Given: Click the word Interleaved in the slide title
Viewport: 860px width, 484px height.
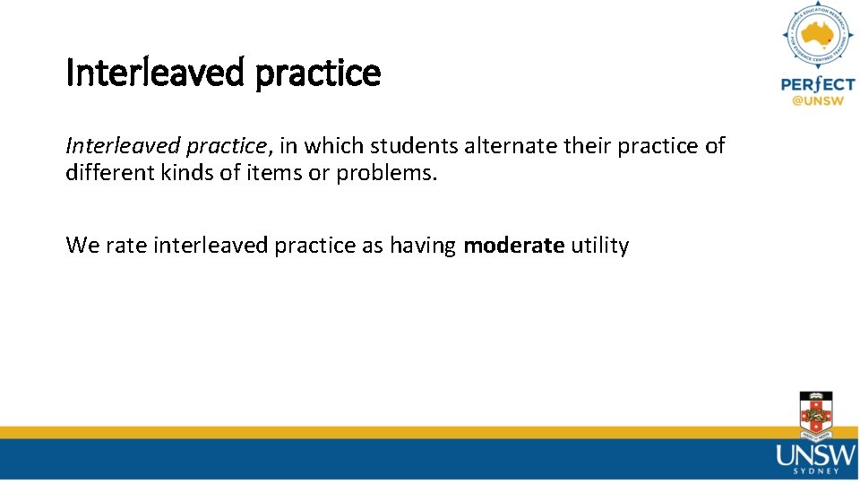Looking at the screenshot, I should click(x=156, y=73).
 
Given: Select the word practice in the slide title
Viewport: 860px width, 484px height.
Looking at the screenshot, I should click(x=318, y=73).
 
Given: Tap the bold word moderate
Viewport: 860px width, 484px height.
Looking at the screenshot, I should click(x=513, y=245).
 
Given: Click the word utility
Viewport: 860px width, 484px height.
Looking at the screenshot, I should click(x=600, y=245).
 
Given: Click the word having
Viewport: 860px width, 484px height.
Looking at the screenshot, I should click(x=423, y=245).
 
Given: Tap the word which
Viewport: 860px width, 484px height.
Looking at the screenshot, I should click(x=334, y=145).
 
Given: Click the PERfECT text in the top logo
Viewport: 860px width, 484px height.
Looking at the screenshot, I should click(x=817, y=84).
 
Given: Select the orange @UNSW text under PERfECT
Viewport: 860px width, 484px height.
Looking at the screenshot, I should click(x=817, y=101).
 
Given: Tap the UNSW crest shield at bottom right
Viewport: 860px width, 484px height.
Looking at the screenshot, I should click(x=815, y=414).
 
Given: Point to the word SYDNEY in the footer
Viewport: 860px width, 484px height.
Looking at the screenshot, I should click(x=816, y=470).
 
